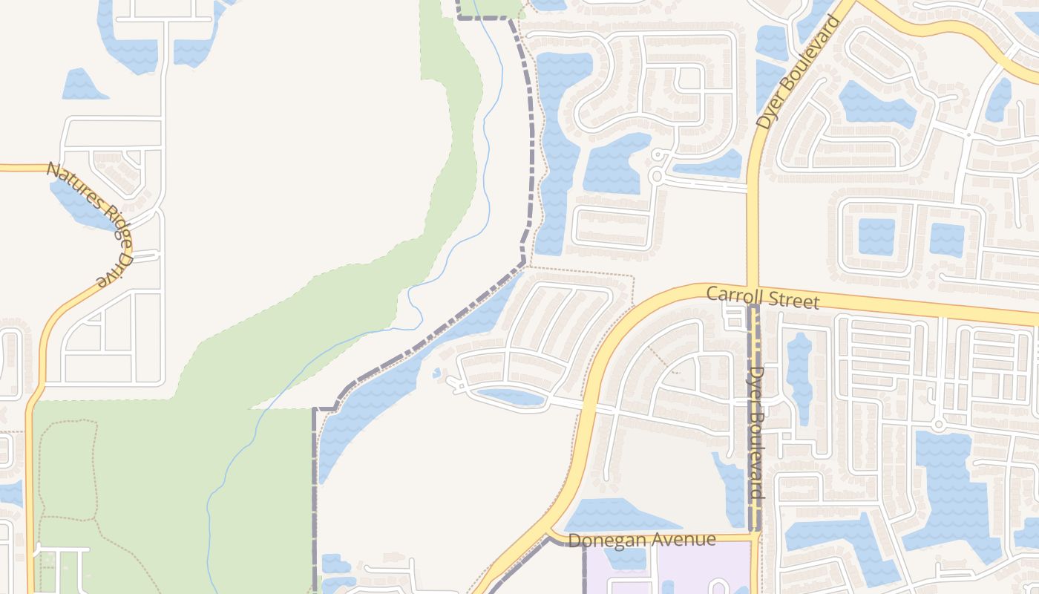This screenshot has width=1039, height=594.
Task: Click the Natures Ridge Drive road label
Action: pos(90,223)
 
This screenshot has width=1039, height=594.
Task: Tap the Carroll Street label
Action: pos(762,297)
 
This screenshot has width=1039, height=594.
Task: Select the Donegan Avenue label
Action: pos(642,540)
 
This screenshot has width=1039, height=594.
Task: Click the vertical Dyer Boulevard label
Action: pos(756,431)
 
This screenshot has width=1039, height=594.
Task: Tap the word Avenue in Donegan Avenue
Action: pos(684,540)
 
